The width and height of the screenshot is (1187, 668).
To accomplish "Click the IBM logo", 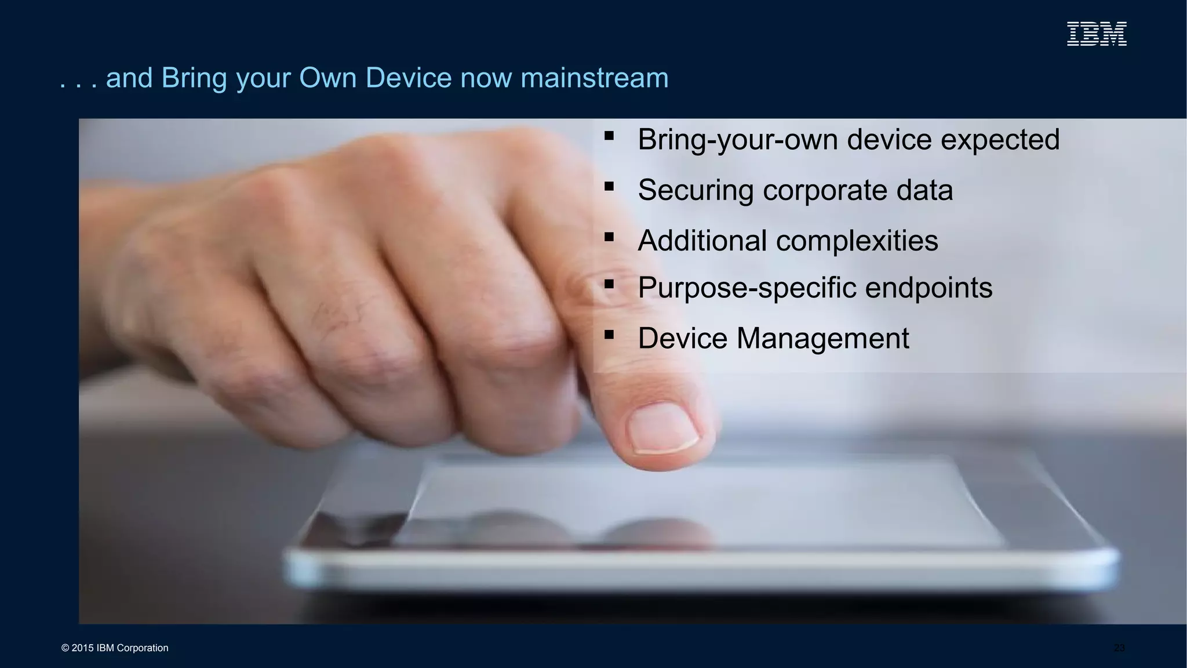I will point(1097,34).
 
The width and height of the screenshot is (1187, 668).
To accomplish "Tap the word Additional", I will point(701,241).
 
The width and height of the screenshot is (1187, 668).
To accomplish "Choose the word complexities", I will point(857,241).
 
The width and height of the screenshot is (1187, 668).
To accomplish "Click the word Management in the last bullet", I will point(822,338).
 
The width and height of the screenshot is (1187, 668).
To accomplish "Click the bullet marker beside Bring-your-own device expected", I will point(609,136).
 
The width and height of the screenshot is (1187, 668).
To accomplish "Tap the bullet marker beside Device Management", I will point(609,335).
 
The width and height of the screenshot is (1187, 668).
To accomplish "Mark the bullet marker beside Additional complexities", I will point(609,237).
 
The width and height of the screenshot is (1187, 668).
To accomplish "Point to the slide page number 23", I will point(1119,648).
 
